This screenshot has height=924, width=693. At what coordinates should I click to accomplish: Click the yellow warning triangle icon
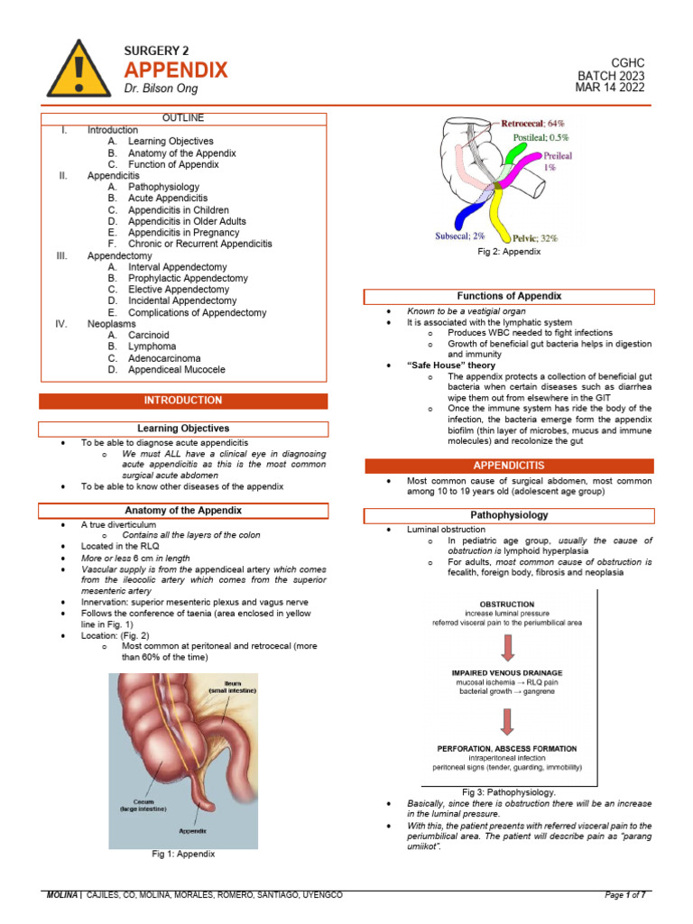click(x=79, y=69)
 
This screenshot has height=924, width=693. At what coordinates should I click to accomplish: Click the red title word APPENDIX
click(x=176, y=70)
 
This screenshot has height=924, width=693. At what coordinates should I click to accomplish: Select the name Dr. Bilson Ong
click(x=161, y=88)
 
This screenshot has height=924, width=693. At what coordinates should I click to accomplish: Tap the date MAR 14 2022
click(x=610, y=88)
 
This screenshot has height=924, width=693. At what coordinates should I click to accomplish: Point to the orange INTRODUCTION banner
click(x=183, y=401)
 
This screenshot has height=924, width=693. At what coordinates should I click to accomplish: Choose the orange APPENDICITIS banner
click(x=509, y=466)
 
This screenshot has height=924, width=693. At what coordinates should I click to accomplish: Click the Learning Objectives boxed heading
click(x=183, y=429)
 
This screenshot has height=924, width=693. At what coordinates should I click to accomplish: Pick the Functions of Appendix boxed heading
click(x=509, y=296)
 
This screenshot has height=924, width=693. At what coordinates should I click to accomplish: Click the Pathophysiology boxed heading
click(x=509, y=515)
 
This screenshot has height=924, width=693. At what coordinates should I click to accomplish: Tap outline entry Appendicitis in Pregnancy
click(x=184, y=233)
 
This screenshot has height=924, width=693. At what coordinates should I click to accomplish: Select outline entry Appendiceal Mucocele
click(x=177, y=370)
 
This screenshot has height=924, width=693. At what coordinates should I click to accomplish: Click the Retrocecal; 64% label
click(x=532, y=124)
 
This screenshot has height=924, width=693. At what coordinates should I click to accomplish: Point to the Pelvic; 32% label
click(x=535, y=238)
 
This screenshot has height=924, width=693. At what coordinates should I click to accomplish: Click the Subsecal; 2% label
click(x=459, y=236)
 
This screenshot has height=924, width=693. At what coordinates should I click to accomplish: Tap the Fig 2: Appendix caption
click(x=509, y=252)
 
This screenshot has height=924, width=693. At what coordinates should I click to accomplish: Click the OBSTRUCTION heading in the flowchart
click(x=507, y=605)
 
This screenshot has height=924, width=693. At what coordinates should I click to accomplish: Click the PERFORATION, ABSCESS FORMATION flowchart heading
click(x=507, y=749)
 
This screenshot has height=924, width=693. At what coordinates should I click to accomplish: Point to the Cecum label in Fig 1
click(x=143, y=802)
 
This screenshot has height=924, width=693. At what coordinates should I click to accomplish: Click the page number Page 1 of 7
click(x=625, y=895)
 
